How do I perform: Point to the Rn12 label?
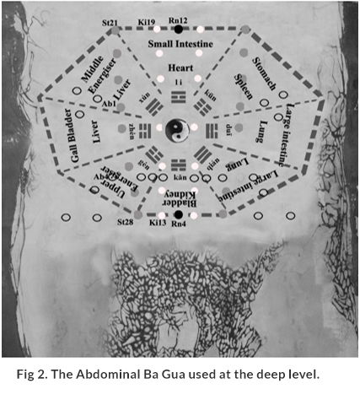[x=178, y=19]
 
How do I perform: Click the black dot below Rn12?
[x=178, y=30]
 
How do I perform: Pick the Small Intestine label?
[x=179, y=43]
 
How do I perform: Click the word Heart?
[x=178, y=65]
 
